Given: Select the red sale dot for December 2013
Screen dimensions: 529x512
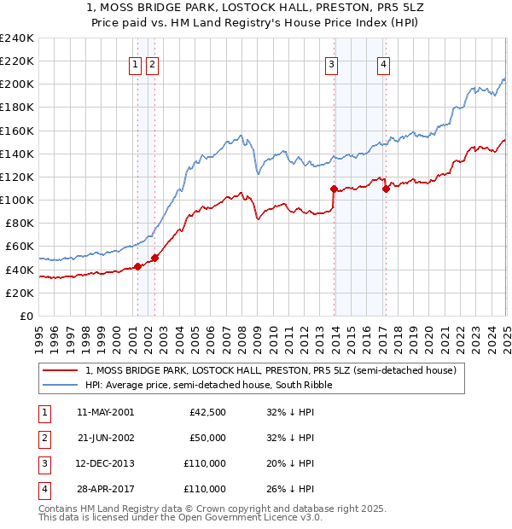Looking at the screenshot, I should (x=334, y=189).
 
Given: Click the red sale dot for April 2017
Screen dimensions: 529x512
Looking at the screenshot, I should (x=386, y=189).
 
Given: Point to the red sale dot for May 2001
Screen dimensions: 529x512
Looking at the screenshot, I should (x=137, y=266).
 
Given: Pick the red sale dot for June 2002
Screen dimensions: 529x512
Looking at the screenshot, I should (x=154, y=258).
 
